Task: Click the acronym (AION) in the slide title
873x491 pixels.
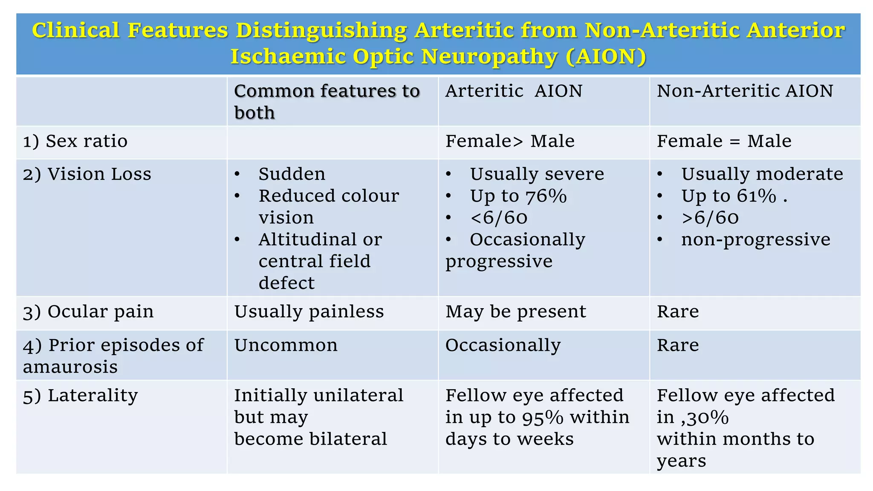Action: click(x=606, y=57)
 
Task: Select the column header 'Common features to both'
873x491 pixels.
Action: click(x=327, y=101)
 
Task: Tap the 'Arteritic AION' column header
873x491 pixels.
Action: click(x=514, y=91)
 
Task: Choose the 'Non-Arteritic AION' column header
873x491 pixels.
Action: click(x=745, y=91)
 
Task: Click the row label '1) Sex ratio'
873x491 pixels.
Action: click(x=75, y=141)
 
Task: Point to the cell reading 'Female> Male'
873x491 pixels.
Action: click(x=510, y=141)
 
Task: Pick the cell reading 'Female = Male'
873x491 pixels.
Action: click(x=724, y=141)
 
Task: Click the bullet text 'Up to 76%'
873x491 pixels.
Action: click(x=518, y=196)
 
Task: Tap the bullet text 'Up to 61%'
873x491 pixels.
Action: click(x=729, y=196)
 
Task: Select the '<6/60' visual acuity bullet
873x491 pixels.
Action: click(x=499, y=218)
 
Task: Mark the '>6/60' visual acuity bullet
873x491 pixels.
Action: click(x=710, y=218)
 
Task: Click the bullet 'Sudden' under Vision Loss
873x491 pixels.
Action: click(x=292, y=174)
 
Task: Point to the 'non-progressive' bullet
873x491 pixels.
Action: click(x=755, y=240)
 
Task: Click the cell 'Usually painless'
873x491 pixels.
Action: click(x=309, y=312)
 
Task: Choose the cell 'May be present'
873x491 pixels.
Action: click(x=516, y=312)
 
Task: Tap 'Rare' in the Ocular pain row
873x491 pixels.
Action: click(x=678, y=312)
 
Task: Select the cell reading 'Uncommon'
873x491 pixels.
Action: click(x=286, y=345)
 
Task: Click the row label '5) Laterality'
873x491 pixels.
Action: click(x=80, y=395)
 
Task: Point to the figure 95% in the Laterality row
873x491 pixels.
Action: click(x=543, y=417)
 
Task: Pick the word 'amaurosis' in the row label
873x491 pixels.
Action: click(x=70, y=367)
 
